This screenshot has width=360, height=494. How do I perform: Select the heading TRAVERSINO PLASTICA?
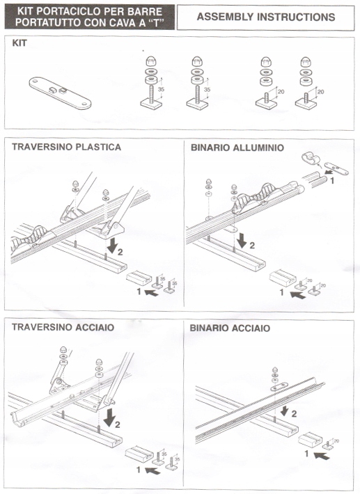[x=66, y=147]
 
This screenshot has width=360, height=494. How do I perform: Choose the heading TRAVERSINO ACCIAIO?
[x=63, y=327]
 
